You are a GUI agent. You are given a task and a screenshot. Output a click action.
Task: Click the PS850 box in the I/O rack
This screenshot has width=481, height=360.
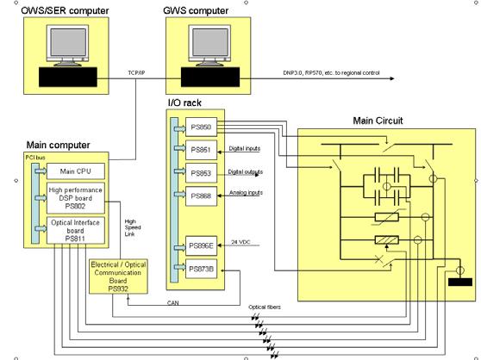pos(201,127)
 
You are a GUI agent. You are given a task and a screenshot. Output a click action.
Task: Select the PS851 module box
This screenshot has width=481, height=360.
pos(201,150)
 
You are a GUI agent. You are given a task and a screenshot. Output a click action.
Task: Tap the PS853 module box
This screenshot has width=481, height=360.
pos(201,173)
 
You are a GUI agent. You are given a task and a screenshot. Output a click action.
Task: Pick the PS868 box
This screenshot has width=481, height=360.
pos(201,196)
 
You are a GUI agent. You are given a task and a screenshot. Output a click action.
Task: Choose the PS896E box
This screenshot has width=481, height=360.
pos(201,245)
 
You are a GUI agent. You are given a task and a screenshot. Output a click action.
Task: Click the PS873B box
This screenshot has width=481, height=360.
pos(201,269)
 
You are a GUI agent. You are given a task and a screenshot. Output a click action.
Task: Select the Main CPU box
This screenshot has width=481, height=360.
pos(76,171)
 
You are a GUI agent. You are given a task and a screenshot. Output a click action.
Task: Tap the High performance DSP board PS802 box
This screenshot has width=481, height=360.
pos(76,198)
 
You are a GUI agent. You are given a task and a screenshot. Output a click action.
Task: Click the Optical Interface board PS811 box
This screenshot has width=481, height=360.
pos(76,231)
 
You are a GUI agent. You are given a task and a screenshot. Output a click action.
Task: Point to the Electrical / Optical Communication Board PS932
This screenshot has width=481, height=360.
pos(118,276)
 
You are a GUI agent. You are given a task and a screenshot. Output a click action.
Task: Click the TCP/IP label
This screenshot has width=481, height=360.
pos(136,73)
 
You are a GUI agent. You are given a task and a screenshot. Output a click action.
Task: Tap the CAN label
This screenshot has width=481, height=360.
pos(172,303)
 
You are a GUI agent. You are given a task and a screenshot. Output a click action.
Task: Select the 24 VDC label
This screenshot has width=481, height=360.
pos(240,242)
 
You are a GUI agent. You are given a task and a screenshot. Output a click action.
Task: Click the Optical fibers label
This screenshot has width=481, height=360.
pos(265,307)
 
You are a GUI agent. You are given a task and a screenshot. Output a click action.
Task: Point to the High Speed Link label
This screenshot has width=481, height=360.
pos(133,227)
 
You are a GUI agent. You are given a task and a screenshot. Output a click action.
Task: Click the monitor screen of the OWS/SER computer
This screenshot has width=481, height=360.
pos(68,42)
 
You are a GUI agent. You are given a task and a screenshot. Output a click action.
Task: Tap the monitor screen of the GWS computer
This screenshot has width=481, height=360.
pos(210,42)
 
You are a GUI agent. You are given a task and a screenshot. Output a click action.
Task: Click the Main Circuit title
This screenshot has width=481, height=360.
pos(378,121)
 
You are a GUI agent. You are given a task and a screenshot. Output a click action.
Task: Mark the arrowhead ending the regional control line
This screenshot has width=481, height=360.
pos(391,78)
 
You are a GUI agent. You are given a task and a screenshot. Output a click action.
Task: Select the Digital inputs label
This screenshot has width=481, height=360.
pos(245,149)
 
